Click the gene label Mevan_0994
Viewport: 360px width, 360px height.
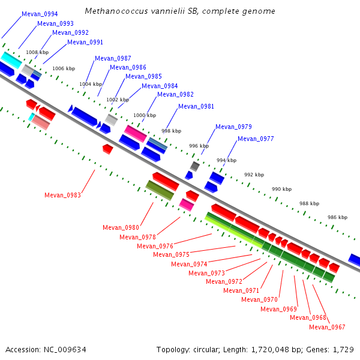[40, 14]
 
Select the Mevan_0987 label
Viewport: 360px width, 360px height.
[113, 58]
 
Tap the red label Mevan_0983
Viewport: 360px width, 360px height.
[62, 195]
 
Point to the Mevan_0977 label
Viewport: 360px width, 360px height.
[256, 139]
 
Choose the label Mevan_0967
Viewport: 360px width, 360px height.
[327, 327]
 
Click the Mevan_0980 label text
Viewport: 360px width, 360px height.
[121, 227]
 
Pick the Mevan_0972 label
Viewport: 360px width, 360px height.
[224, 281]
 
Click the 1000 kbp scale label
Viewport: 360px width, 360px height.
[145, 115]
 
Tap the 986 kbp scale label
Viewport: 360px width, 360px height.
[337, 217]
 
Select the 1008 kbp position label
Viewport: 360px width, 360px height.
[37, 52]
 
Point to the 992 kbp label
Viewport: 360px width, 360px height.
[254, 175]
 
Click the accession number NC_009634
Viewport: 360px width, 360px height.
[65, 350]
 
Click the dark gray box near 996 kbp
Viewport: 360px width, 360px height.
[194, 166]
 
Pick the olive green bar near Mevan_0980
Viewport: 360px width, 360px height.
[160, 190]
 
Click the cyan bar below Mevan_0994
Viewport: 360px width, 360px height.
[11, 60]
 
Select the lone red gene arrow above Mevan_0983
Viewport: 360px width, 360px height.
[107, 149]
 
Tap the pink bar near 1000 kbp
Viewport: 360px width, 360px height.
[136, 134]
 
